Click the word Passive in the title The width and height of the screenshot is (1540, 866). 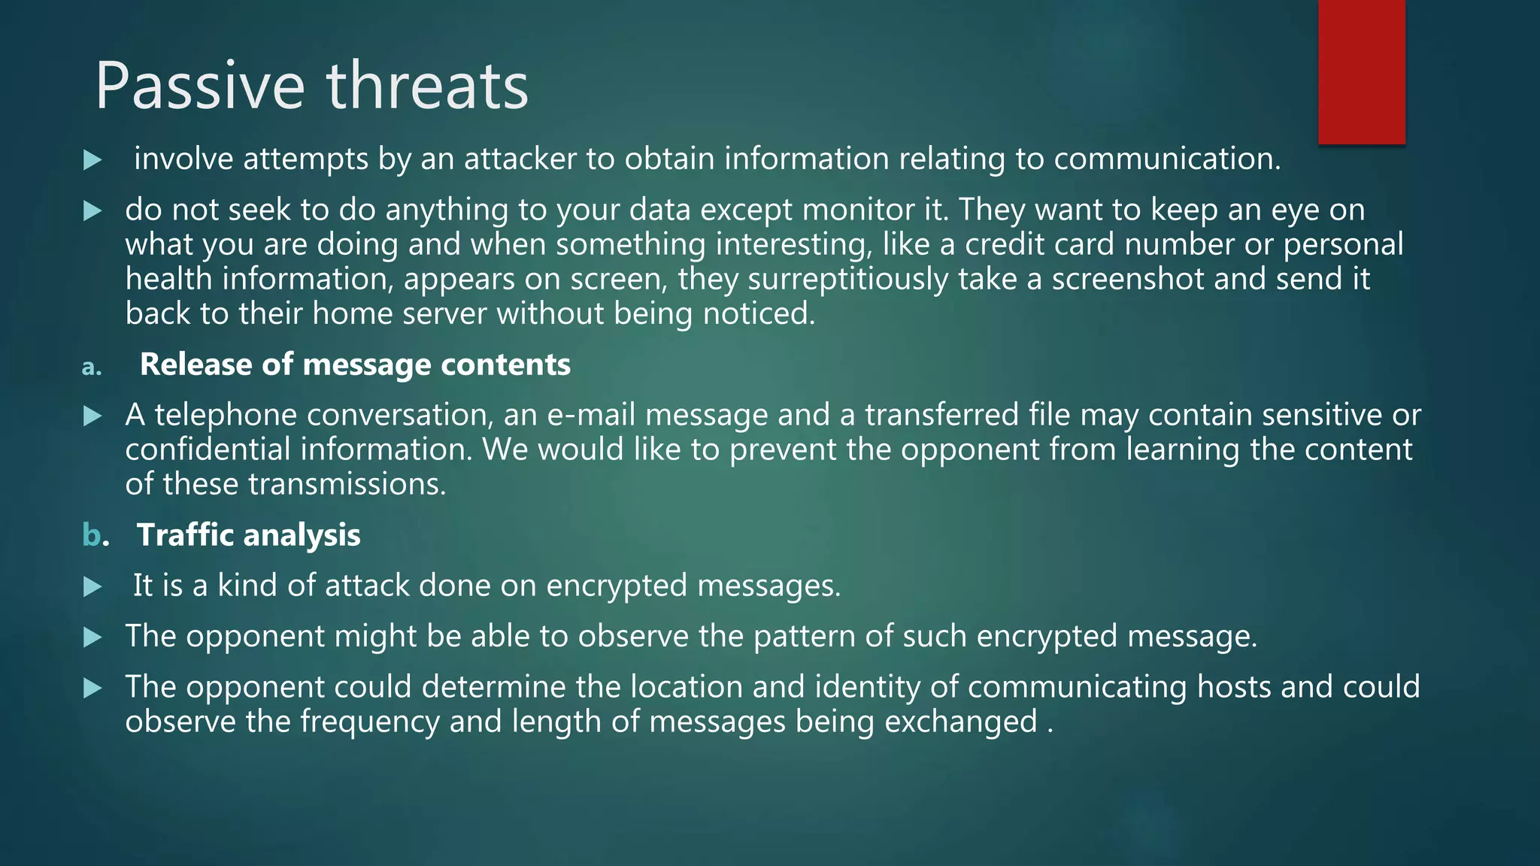point(199,86)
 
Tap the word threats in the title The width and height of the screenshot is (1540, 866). point(427,86)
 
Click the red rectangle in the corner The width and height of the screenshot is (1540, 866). point(1361,71)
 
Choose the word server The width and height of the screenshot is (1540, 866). point(444,313)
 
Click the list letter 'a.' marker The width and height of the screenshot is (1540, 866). point(91,367)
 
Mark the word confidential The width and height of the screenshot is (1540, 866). point(208,450)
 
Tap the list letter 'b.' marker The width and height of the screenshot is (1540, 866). point(95,535)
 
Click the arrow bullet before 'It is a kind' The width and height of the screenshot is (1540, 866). point(92,586)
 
